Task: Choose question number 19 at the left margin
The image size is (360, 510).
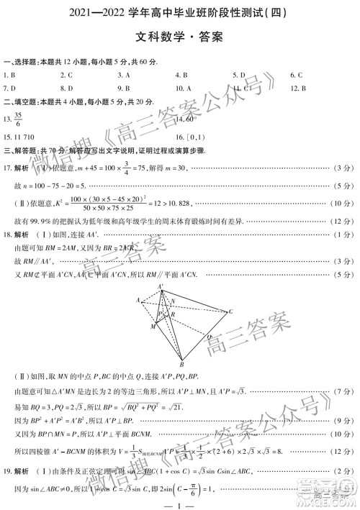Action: tap(8, 471)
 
